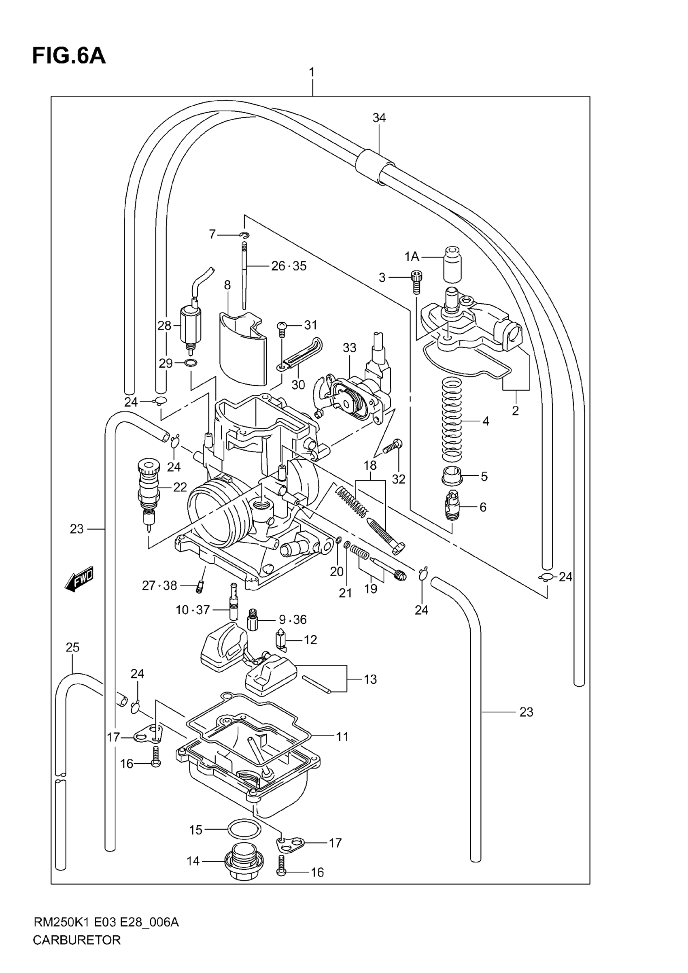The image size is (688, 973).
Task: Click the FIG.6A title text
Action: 69,56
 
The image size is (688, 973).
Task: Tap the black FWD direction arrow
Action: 79,579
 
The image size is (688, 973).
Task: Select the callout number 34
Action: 379,118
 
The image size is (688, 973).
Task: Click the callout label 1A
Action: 411,256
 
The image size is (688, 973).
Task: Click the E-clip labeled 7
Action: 245,235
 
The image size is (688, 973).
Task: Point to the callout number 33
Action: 350,348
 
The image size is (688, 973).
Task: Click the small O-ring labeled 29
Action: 191,363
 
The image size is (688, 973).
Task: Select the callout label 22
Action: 180,488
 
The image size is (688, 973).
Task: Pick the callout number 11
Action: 342,737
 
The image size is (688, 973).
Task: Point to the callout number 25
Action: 72,647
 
